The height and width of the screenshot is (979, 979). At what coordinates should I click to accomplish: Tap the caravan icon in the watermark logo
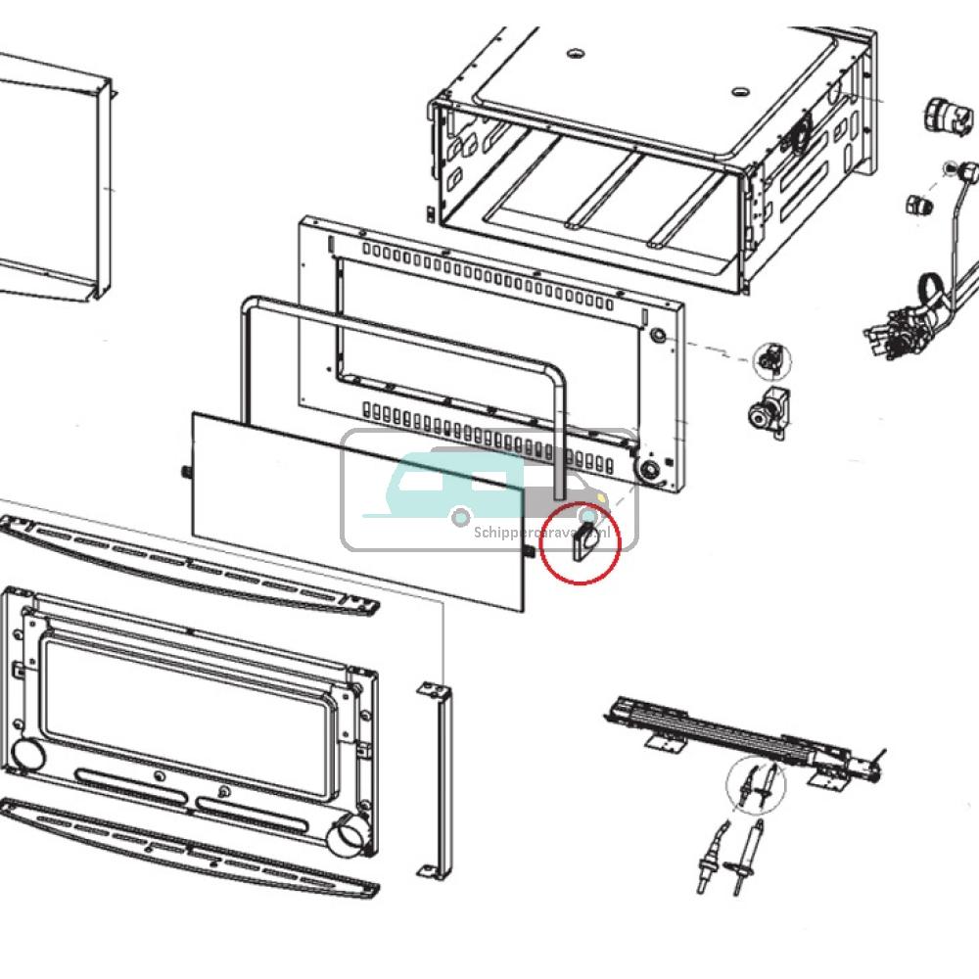pos(431,485)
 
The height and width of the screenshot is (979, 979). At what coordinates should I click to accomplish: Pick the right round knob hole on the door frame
pos(349,838)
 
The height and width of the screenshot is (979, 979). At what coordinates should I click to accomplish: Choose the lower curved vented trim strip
pos(186,844)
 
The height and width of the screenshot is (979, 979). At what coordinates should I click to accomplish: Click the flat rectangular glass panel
pos(357,509)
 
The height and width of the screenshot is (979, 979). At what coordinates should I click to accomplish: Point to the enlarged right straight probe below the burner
pos(749,857)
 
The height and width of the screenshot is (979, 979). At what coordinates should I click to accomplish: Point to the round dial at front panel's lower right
pos(647,472)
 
